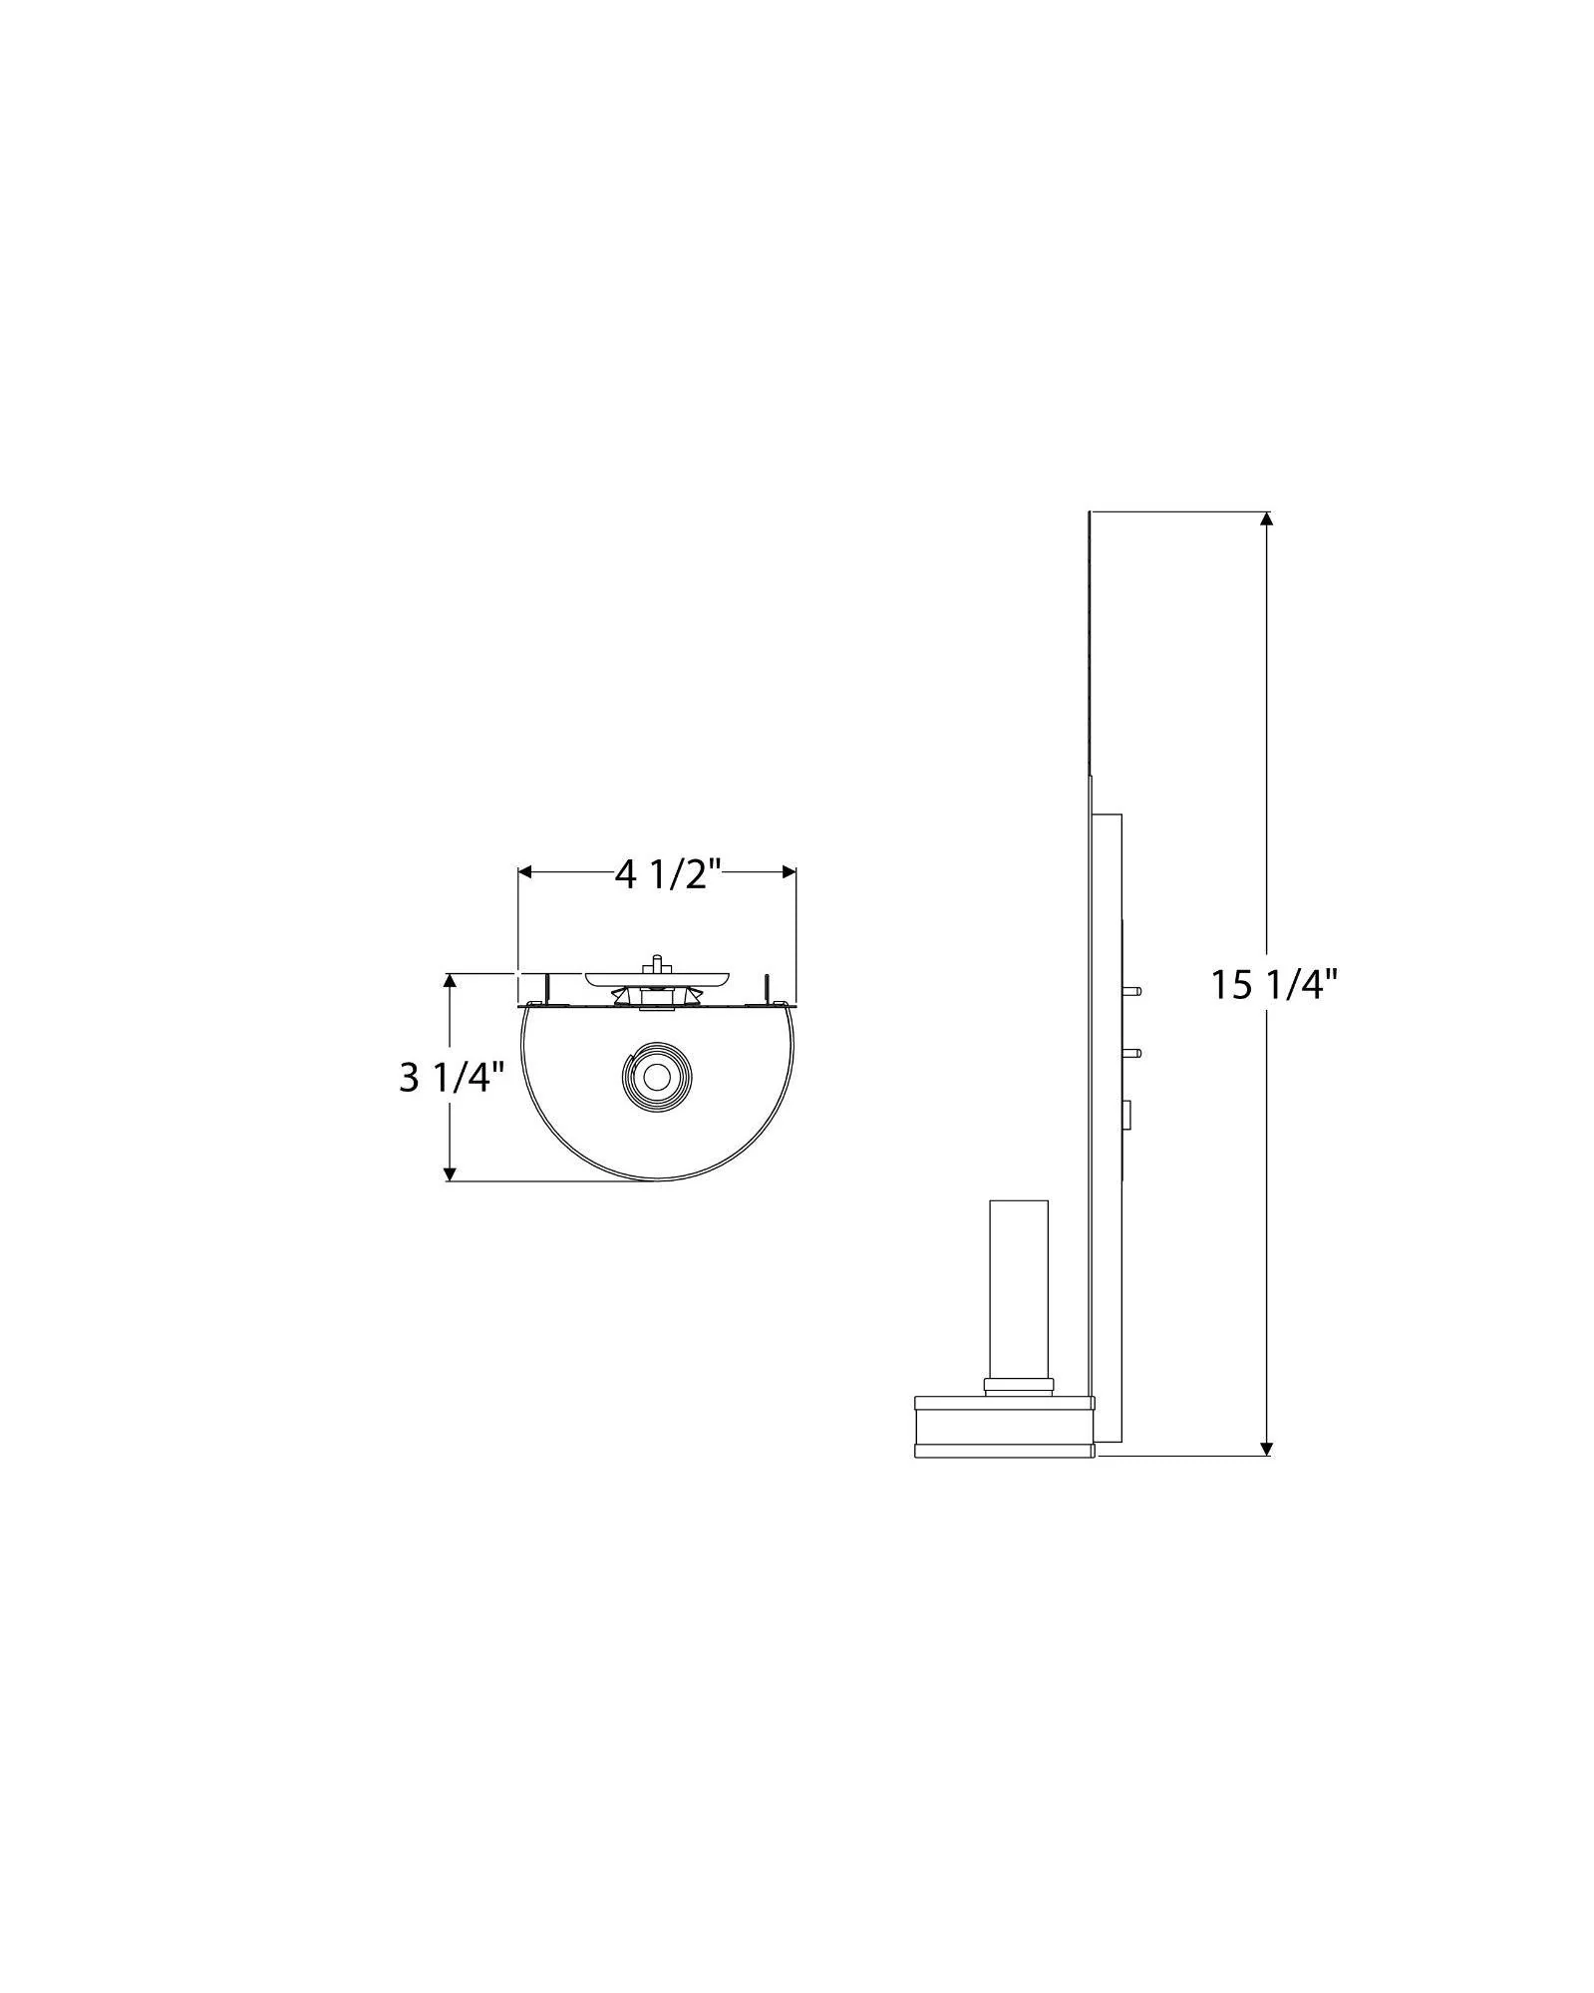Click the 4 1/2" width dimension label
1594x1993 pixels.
[667, 874]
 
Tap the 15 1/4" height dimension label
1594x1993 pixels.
[1273, 985]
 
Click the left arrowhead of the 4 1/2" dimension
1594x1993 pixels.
[526, 872]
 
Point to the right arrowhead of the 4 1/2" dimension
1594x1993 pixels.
[788, 872]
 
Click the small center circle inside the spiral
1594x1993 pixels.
[656, 1077]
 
